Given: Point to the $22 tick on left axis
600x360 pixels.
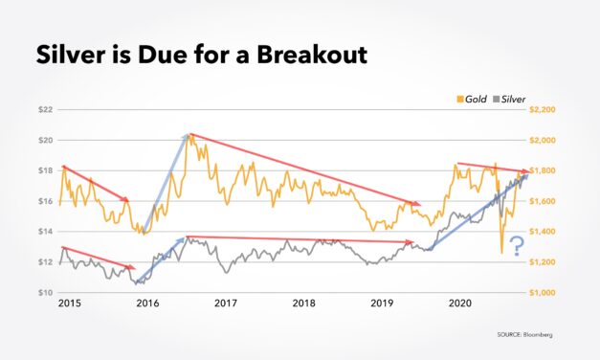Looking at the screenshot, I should [44, 110].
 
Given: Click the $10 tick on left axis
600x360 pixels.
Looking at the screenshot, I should [44, 292].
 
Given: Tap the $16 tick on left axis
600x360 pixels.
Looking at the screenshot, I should [44, 201].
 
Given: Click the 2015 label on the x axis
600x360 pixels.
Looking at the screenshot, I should [68, 304].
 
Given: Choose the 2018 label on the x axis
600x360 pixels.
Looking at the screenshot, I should [303, 304].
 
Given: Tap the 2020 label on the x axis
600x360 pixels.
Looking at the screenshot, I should [459, 304].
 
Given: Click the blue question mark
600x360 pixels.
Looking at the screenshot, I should [517, 245].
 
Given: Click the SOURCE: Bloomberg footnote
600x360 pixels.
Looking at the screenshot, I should [523, 335].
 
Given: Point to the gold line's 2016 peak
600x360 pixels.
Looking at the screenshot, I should [191, 135].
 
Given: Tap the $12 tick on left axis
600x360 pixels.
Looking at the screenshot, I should [44, 261].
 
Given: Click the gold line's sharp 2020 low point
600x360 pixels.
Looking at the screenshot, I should [501, 254].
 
